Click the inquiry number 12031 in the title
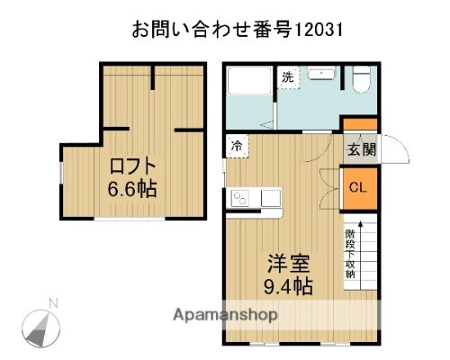click(317, 30)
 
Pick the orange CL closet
click(357, 189)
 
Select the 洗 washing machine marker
click(287, 77)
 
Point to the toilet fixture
click(360, 83)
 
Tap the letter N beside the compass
click(53, 302)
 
